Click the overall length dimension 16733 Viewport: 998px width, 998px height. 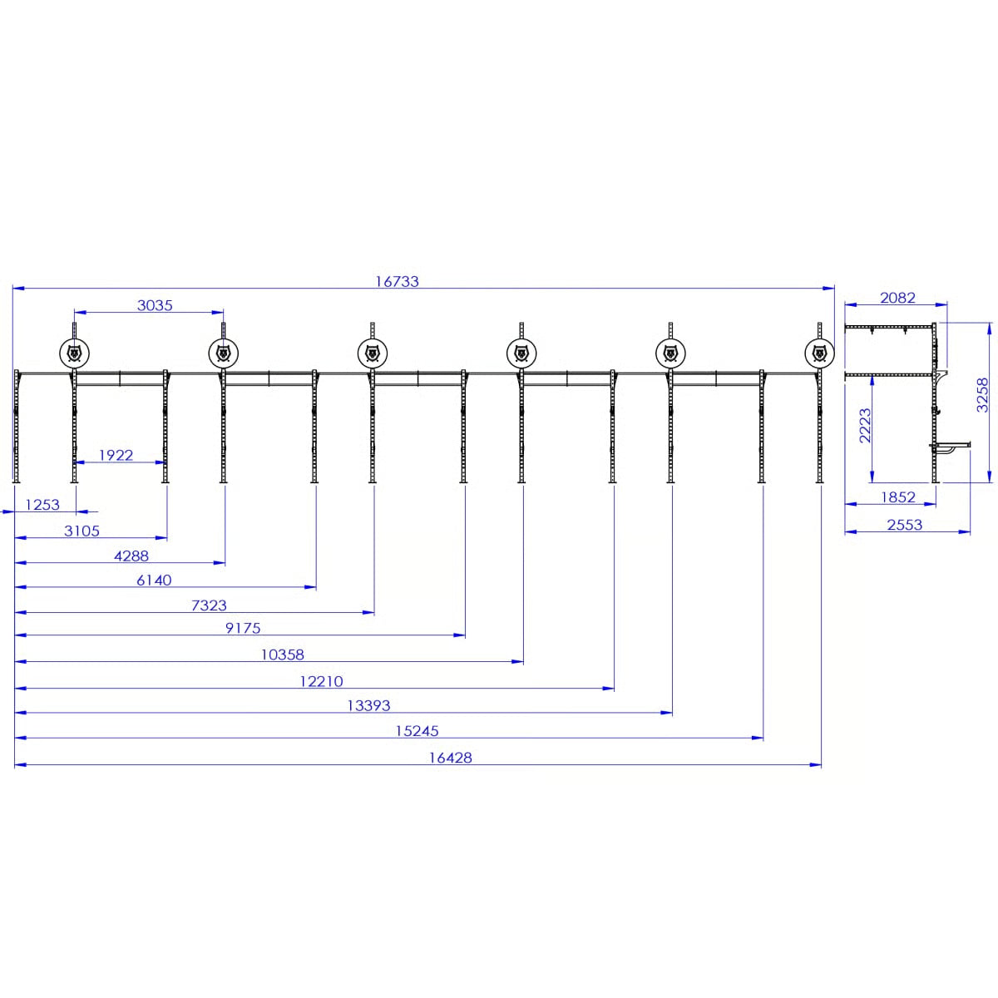(x=397, y=281)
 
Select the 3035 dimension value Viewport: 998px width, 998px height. (x=155, y=305)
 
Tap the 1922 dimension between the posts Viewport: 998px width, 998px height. (x=116, y=455)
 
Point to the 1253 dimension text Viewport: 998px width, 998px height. (x=42, y=505)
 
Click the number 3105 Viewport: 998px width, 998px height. (x=82, y=531)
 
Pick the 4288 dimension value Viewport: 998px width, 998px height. (x=131, y=556)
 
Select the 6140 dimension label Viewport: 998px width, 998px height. (x=154, y=581)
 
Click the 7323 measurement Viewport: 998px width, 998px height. (x=209, y=605)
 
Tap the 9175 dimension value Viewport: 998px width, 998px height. (x=243, y=629)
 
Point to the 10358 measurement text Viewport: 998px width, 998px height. (x=283, y=655)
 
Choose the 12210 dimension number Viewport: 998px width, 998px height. (x=321, y=681)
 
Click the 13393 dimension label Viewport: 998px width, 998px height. (x=368, y=705)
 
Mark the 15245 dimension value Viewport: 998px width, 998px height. (x=417, y=731)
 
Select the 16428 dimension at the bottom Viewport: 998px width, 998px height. (x=451, y=758)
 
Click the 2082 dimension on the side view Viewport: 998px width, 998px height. (x=897, y=297)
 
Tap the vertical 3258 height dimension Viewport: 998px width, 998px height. (x=983, y=394)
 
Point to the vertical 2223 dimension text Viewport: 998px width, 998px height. (x=865, y=425)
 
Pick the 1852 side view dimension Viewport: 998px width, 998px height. (x=897, y=497)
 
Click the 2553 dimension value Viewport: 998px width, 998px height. (x=904, y=525)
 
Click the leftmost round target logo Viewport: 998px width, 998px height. (x=75, y=353)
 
